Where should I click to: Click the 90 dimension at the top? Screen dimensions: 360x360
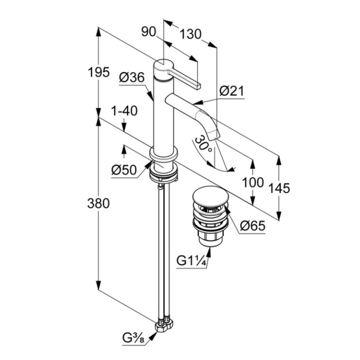pyautogui.click(x=148, y=32)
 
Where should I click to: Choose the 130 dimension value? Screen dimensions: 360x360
pyautogui.click(x=190, y=34)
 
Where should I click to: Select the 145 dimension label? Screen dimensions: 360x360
pyautogui.click(x=279, y=187)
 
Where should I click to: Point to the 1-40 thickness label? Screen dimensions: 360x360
pyautogui.click(x=124, y=111)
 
